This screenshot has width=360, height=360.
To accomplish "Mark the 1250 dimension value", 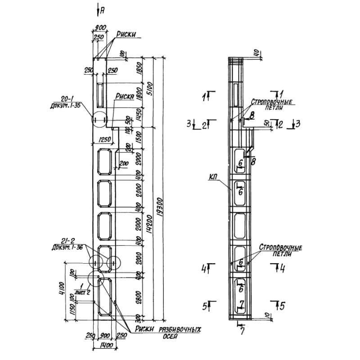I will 104,139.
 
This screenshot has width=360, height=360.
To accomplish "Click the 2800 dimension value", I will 139,297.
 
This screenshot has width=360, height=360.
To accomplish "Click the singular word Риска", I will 124,96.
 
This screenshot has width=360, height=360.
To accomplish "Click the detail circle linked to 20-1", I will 99,120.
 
